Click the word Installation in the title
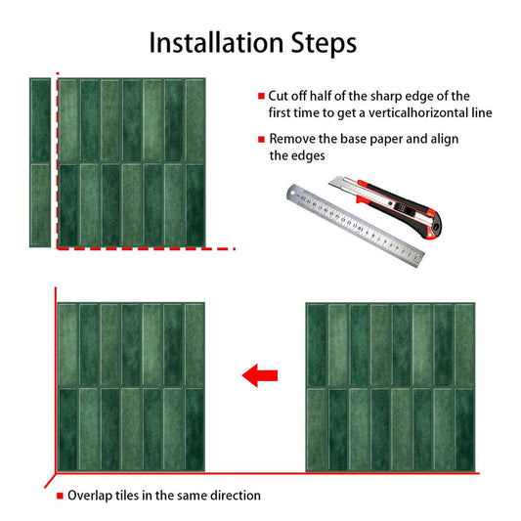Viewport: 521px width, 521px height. click(x=216, y=43)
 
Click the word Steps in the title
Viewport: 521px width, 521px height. click(x=324, y=44)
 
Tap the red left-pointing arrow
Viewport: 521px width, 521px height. click(x=260, y=375)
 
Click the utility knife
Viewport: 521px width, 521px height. click(x=385, y=206)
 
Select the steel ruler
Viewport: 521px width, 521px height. click(x=355, y=225)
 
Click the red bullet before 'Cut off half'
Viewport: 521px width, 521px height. click(x=261, y=97)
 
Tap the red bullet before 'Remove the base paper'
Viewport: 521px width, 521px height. click(x=261, y=139)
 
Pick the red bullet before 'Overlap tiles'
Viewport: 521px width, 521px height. click(x=60, y=496)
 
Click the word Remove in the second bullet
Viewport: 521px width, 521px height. click(x=292, y=139)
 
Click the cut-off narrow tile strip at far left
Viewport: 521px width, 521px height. click(x=40, y=163)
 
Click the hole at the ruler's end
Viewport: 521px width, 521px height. click(x=292, y=193)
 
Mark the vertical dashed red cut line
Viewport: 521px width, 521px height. click(x=58, y=160)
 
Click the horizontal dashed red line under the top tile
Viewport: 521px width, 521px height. click(x=147, y=248)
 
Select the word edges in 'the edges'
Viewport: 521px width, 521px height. click(x=308, y=155)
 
